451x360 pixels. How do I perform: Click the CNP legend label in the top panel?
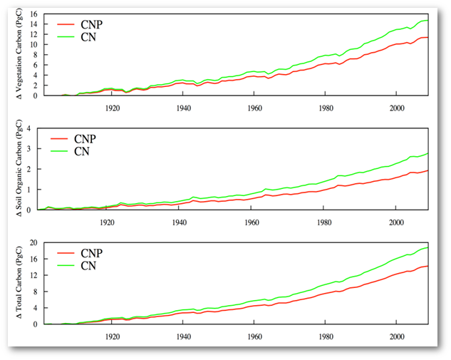tap(92, 24)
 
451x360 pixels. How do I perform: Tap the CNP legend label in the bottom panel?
tap(92, 253)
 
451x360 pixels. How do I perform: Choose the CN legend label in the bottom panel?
tap(88, 265)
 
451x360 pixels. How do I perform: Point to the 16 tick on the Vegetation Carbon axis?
tap(36, 14)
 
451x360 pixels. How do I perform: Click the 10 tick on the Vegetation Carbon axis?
tap(36, 44)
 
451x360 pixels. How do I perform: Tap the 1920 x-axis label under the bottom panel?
tap(113, 335)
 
